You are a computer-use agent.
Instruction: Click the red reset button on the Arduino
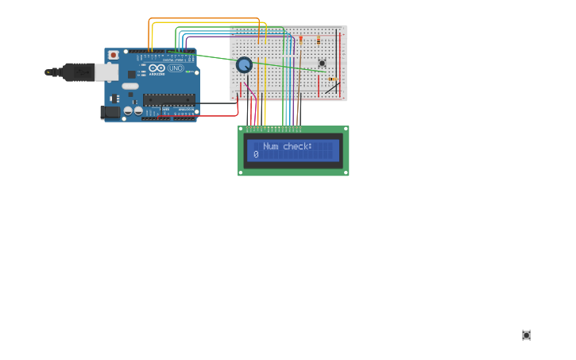pos(113,55)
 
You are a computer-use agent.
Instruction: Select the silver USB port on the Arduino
pos(106,72)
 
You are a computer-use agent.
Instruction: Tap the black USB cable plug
pos(78,72)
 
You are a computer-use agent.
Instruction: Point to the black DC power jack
pos(110,112)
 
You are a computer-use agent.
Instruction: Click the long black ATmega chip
pos(168,99)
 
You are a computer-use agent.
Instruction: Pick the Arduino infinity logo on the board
pos(157,68)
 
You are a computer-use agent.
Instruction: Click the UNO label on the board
pos(176,68)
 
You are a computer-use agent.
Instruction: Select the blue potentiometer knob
pos(244,65)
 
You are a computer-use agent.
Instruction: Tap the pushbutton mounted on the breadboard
pos(322,63)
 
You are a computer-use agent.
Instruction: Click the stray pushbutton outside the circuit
pos(526,335)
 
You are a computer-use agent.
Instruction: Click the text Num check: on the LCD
pos(288,146)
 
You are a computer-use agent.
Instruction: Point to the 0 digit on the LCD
pos(256,154)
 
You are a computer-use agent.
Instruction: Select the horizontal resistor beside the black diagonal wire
pos(331,79)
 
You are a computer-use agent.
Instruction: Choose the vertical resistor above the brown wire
pos(319,39)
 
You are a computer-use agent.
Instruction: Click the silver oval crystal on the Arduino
pos(130,86)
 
